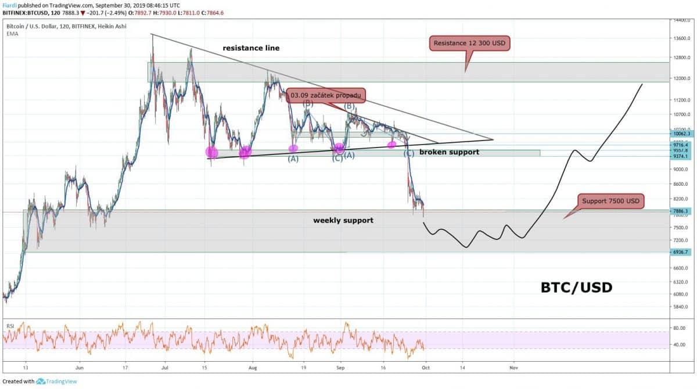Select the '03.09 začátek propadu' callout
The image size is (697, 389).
[326, 95]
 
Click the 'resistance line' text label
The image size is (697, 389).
[252, 48]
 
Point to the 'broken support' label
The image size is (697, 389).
[449, 152]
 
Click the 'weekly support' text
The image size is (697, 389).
[343, 220]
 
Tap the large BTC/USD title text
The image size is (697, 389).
[576, 287]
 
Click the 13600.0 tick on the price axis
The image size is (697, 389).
[678, 39]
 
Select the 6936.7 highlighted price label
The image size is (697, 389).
[678, 252]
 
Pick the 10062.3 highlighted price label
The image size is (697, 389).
[678, 134]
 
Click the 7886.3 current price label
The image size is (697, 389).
[678, 212]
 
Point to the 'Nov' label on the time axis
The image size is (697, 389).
[513, 368]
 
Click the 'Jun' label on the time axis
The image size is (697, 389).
[80, 368]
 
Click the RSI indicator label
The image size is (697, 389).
[10, 326]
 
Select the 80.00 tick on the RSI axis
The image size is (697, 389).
[677, 328]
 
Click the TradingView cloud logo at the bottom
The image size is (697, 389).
[41, 381]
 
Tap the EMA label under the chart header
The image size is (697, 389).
[12, 34]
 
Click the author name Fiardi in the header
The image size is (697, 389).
[10, 5]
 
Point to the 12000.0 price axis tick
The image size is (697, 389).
[678, 78]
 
